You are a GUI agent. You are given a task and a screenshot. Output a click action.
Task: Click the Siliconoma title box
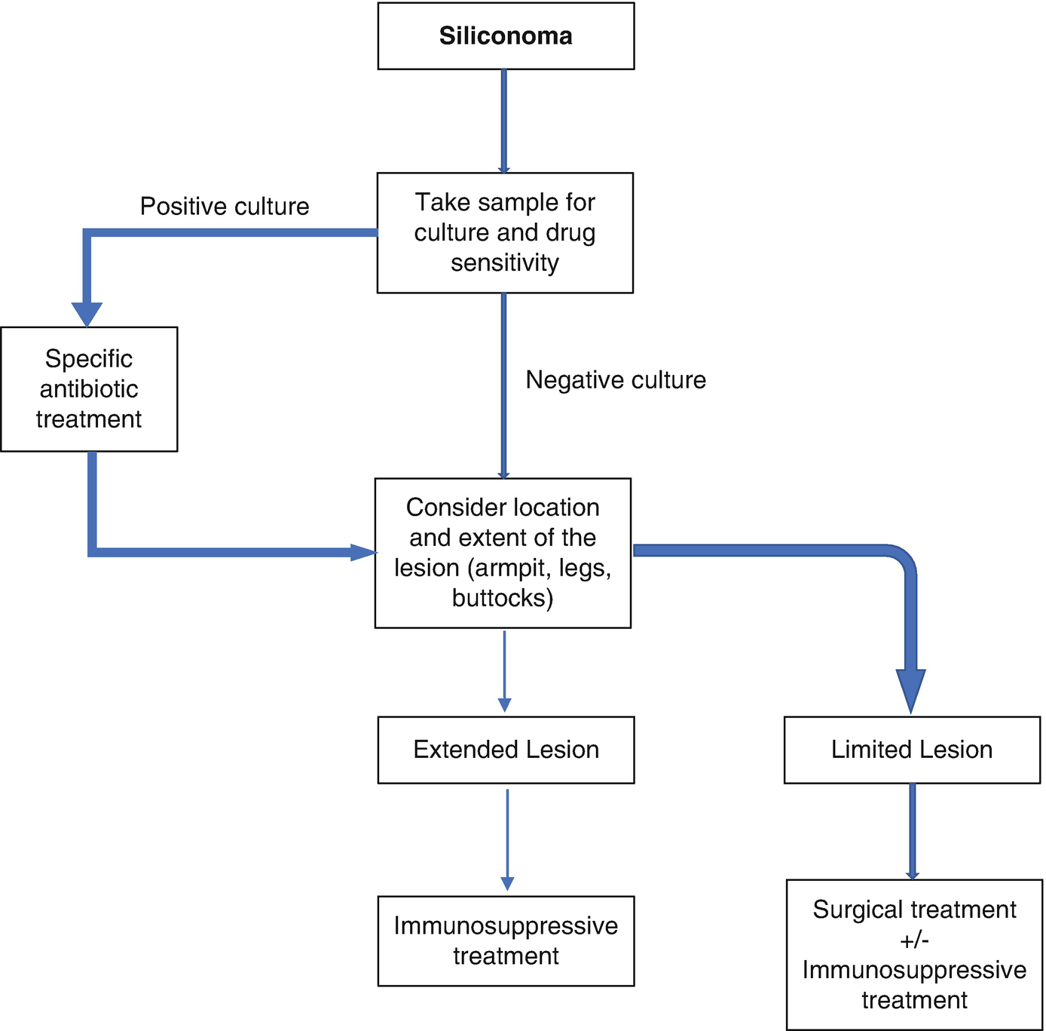pos(506,36)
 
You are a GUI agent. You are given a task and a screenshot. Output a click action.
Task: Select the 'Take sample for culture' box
pos(505,232)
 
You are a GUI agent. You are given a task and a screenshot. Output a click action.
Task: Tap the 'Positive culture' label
pos(225,207)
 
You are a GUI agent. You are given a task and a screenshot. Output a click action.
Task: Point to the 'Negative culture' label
pos(616,380)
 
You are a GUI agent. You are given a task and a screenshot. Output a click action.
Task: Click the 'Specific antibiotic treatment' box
pos(89,389)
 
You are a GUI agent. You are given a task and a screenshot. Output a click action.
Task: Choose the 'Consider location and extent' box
pos(503,552)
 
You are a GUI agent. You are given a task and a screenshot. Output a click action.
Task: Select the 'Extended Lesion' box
pos(506,750)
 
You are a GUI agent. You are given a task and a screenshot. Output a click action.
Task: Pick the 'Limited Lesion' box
pos(912,750)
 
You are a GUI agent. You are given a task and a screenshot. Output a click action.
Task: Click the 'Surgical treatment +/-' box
pos(914,954)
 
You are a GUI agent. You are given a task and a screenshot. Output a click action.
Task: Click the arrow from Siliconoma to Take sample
pos(504,121)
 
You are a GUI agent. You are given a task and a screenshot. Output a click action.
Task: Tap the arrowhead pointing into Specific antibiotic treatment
pos(87,312)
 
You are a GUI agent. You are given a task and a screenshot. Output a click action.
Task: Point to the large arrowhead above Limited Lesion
pos(911,689)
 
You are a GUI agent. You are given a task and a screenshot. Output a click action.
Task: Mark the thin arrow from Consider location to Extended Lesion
pos(505,671)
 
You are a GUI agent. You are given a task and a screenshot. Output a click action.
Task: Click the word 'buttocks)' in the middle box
pos(503,598)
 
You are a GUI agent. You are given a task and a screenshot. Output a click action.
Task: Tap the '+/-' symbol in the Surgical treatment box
pos(914,940)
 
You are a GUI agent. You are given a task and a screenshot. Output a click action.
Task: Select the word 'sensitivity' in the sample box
pos(505,262)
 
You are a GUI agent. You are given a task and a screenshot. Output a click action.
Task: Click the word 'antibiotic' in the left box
pos(89,389)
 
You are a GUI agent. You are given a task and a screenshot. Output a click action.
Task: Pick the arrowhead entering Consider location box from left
pos(364,552)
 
